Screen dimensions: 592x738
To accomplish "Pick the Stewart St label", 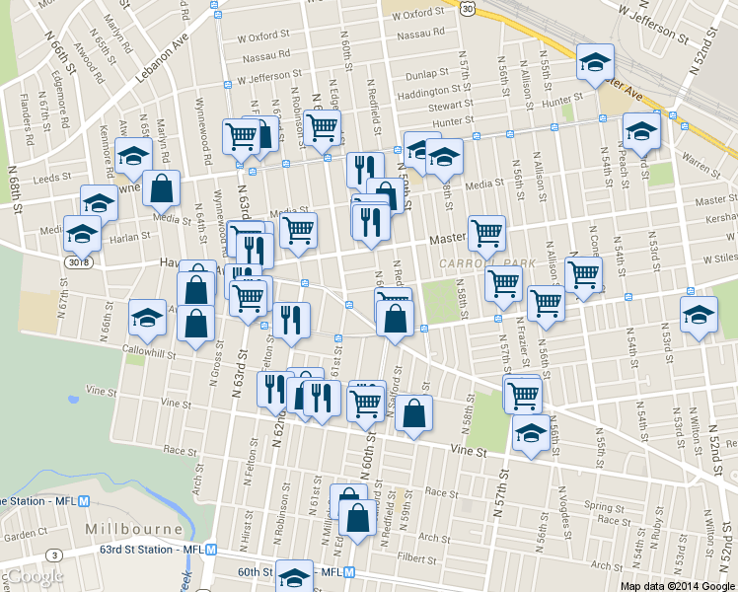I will pos(451,105).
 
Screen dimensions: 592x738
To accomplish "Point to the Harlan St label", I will pos(130,237).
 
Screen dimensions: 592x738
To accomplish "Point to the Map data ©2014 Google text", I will pos(678,585).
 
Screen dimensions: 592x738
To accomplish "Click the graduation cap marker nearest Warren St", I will pos(641,132).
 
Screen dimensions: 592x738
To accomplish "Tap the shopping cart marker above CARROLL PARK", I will pos(485,233).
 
